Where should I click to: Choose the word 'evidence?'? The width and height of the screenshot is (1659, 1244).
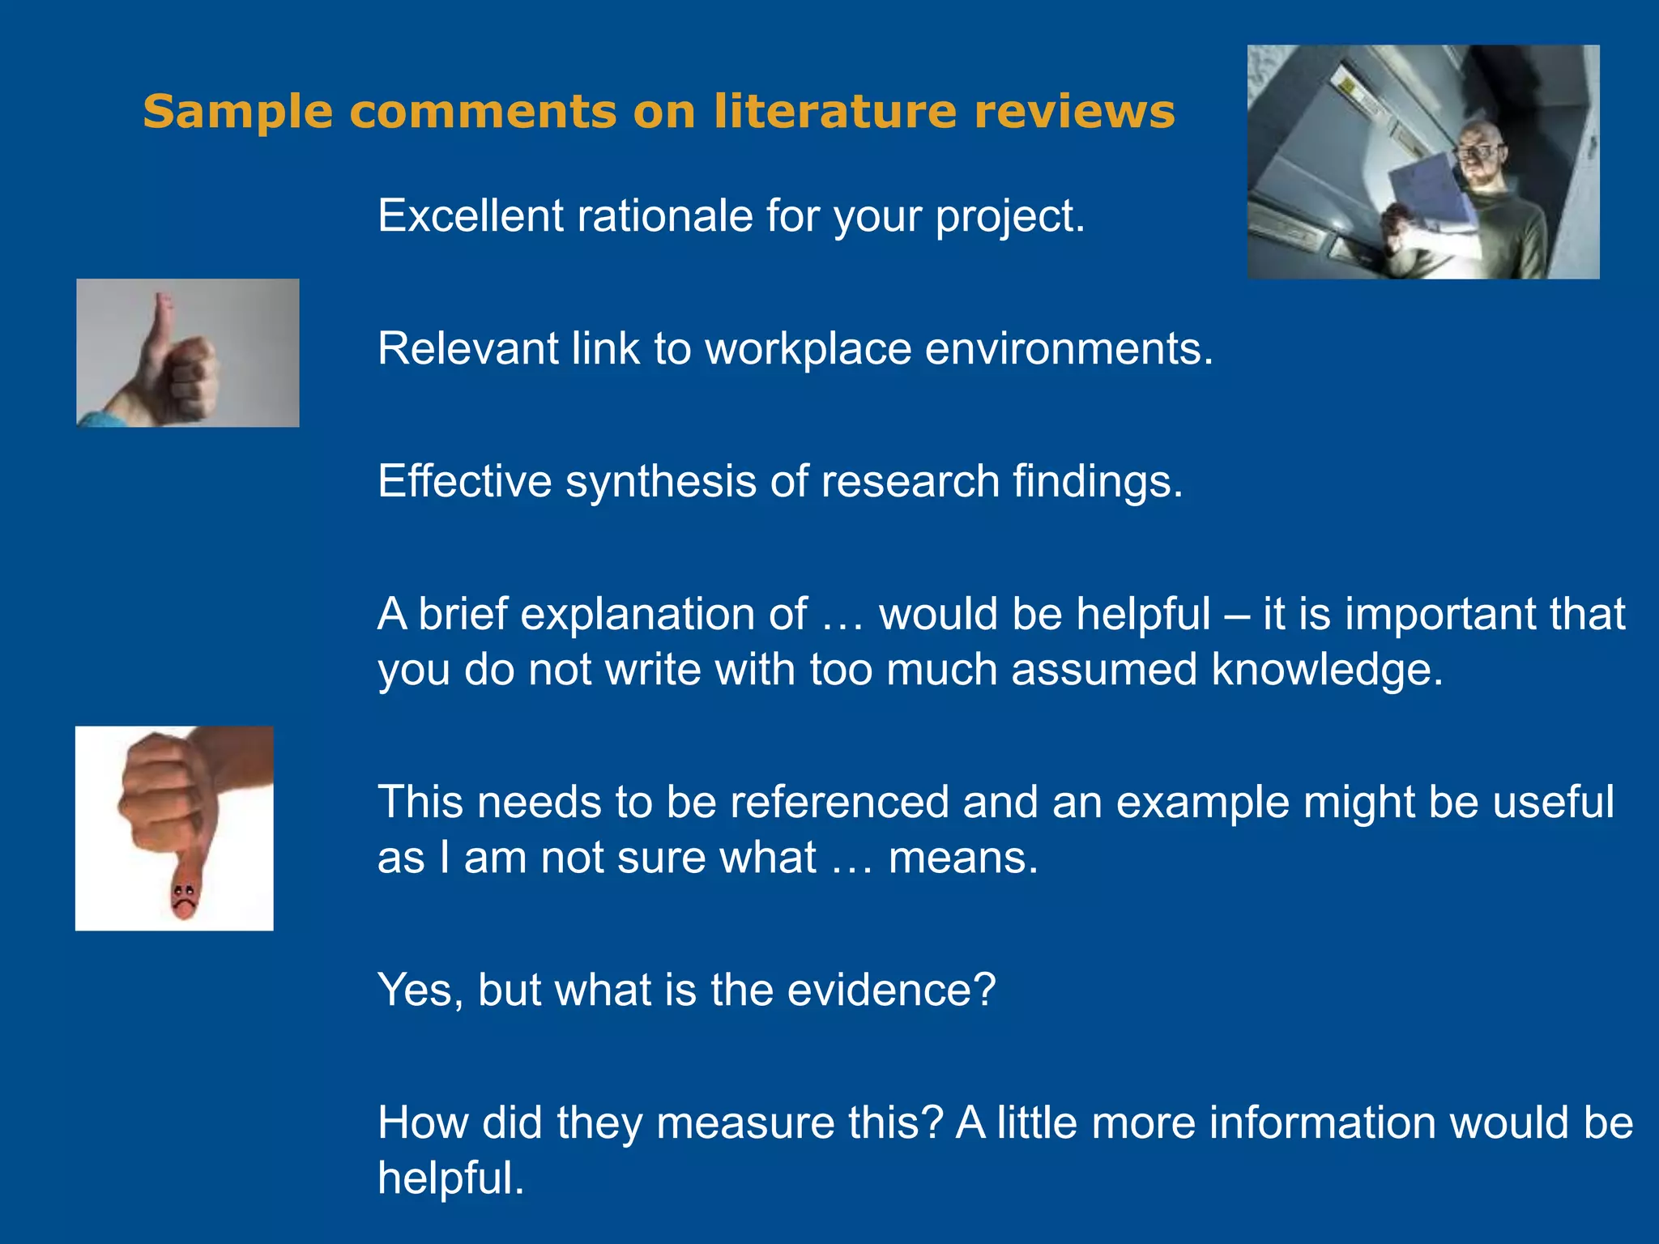tap(891, 990)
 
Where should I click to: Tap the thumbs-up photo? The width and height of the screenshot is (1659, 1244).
tap(188, 353)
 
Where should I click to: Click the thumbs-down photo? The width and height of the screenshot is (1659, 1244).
tap(174, 828)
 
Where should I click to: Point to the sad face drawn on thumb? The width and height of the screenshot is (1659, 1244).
tap(183, 897)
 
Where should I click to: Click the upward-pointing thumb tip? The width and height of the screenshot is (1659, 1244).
tap(164, 304)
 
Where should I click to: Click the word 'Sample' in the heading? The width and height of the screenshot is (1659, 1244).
tap(237, 112)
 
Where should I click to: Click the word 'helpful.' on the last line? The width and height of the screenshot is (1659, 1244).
tap(450, 1178)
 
